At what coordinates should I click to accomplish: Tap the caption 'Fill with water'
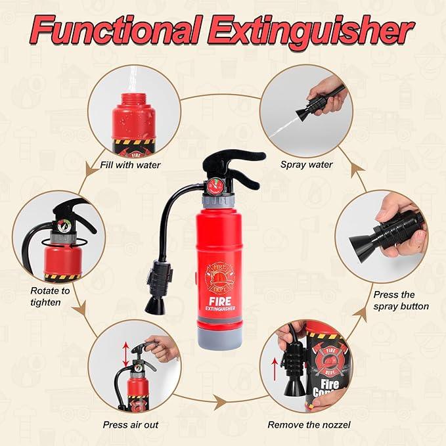[x=130, y=165]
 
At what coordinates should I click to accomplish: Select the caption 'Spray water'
[x=306, y=165]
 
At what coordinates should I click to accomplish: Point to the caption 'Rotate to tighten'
[x=50, y=296]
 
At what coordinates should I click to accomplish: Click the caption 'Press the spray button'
[x=401, y=300]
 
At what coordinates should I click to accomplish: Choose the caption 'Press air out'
[x=131, y=425]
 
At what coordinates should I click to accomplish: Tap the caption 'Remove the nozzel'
[x=309, y=425]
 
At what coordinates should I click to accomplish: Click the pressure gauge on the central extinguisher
[x=215, y=187]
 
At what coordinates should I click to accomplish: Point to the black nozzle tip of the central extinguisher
[x=155, y=306]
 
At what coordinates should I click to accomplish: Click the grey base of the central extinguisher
[x=219, y=339]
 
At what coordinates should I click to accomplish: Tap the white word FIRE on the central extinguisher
[x=220, y=301]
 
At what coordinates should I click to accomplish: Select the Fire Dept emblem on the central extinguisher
[x=220, y=277]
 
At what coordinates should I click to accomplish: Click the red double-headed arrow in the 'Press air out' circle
[x=125, y=355]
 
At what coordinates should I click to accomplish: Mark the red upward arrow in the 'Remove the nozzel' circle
[x=275, y=370]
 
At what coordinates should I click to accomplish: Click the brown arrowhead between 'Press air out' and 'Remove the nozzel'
[x=220, y=402]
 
